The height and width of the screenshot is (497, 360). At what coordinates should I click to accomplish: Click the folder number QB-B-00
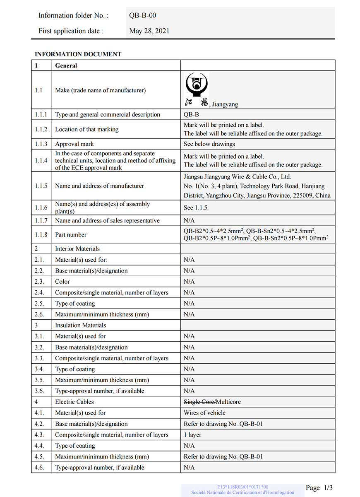pos(142,16)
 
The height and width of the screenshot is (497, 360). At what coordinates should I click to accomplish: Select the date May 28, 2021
pos(149,31)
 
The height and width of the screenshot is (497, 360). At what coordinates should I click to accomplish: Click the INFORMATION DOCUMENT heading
pos(78,54)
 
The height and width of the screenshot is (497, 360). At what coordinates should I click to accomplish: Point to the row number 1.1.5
pos(41,186)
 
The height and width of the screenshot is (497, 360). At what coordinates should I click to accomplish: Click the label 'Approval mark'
pos(74,144)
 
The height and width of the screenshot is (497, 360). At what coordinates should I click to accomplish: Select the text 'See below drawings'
pos(209,144)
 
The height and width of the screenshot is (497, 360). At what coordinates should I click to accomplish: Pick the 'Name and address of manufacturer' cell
pos(99,186)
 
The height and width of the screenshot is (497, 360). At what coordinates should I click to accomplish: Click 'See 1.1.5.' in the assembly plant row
pos(196,207)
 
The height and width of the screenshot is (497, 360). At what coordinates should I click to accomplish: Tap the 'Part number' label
pos(71,235)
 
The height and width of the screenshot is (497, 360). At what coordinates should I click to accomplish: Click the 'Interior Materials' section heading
pos(77,249)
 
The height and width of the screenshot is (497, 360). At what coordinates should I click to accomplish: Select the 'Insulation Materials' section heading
pos(81,326)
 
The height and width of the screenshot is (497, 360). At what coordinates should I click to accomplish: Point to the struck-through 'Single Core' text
pos(199,402)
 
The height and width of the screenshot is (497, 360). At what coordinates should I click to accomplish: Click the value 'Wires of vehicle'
pos(204,413)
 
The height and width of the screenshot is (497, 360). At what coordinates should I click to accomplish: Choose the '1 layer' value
pos(192,435)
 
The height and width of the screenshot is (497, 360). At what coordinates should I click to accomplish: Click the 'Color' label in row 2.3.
pos(62,282)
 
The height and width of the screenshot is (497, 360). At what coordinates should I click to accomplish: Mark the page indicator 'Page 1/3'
pos(319,488)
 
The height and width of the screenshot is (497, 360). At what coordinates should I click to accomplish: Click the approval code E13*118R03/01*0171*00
pos(242,487)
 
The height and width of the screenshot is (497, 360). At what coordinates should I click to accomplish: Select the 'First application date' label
pos(71,31)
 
